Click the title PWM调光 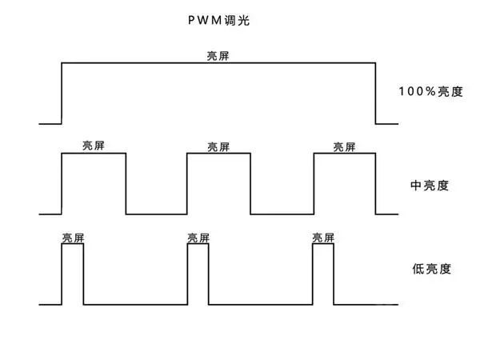click(x=218, y=20)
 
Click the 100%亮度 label click(x=430, y=91)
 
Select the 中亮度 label click(x=429, y=185)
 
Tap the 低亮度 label click(x=429, y=269)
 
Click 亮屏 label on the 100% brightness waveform click(x=218, y=56)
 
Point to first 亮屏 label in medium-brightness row click(x=94, y=146)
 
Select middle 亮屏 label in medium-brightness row click(x=218, y=146)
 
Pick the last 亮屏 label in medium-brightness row click(x=345, y=146)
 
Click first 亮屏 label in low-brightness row click(x=73, y=238)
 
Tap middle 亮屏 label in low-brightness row click(x=198, y=238)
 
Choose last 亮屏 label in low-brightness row click(x=323, y=238)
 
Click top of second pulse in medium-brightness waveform click(x=218, y=154)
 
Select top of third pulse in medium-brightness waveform click(x=345, y=154)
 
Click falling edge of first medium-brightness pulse click(x=126, y=184)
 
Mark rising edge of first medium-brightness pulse click(x=62, y=184)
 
